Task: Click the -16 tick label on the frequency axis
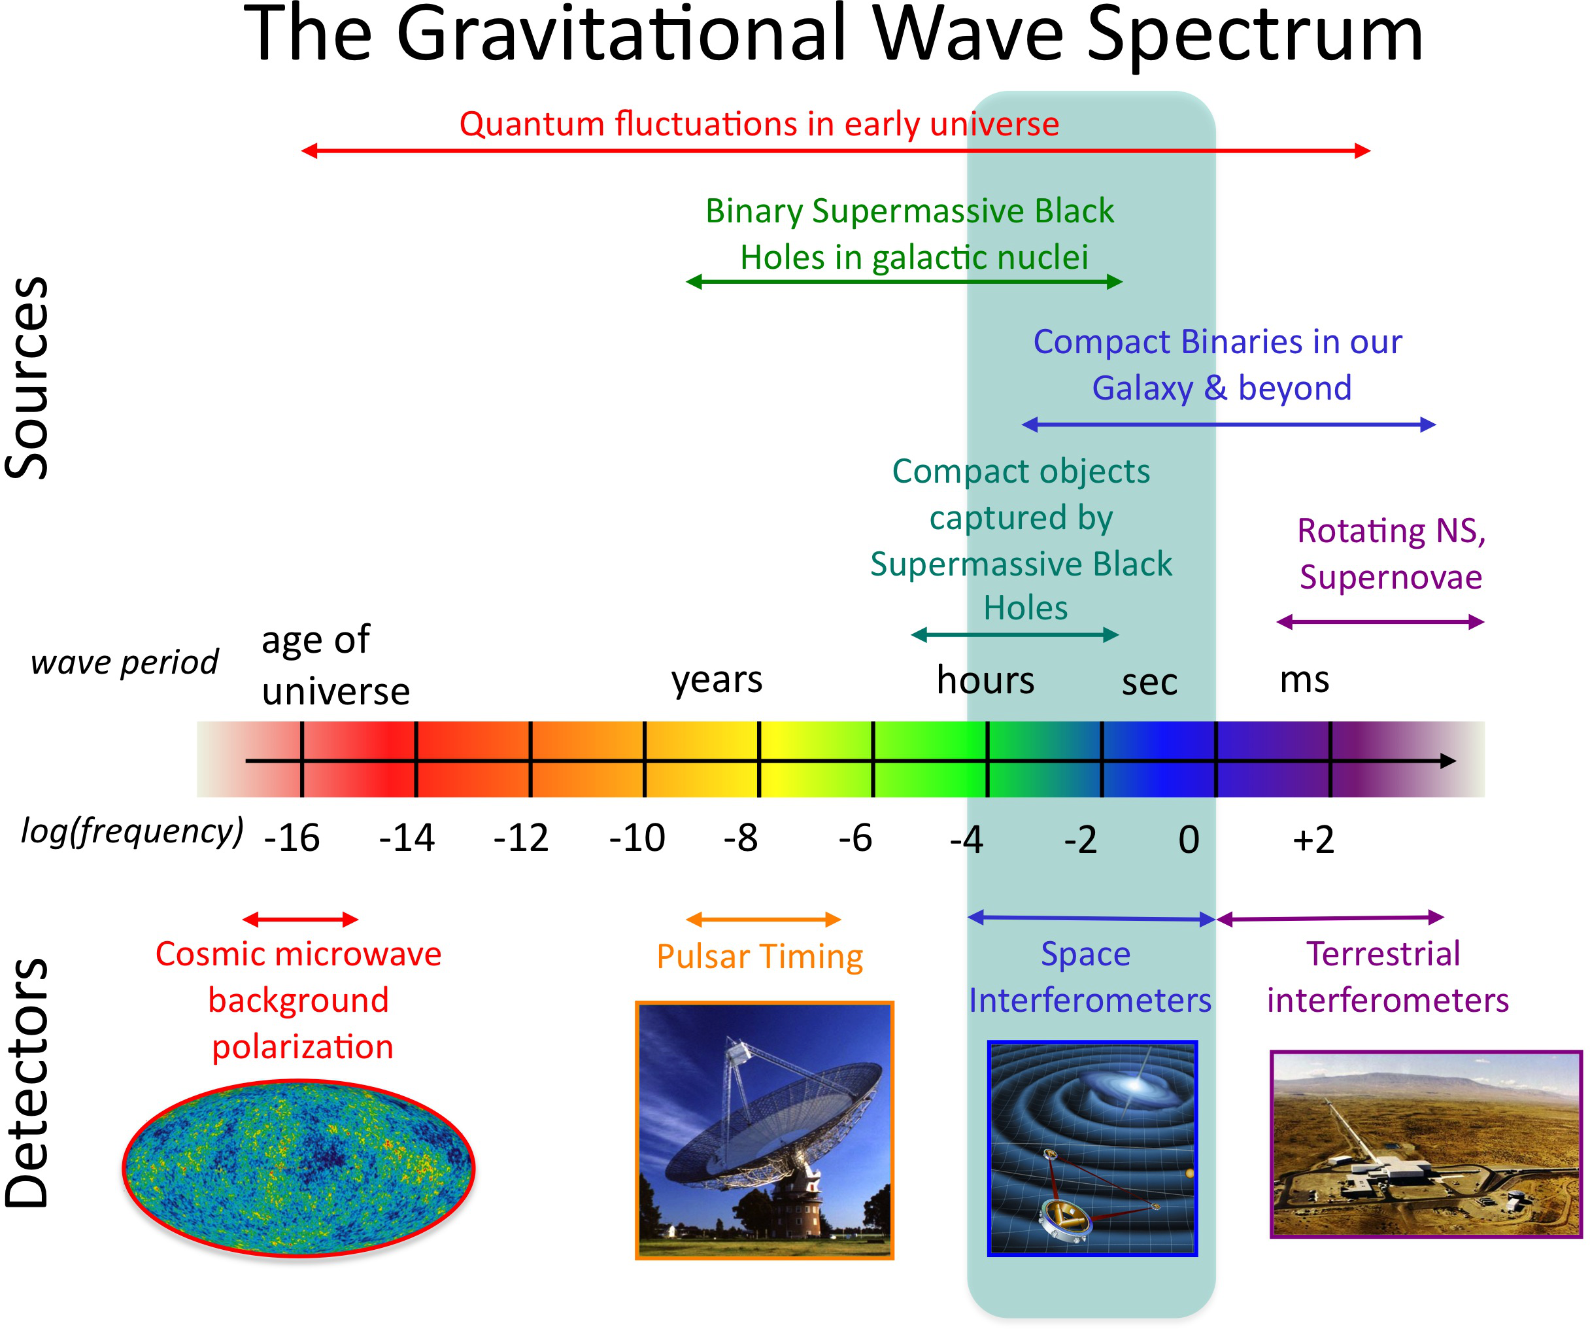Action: [x=292, y=838]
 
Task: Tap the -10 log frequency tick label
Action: [x=637, y=838]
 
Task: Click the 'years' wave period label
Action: [x=717, y=680]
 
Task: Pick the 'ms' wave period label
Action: [x=1304, y=680]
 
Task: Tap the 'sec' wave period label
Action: [x=1149, y=682]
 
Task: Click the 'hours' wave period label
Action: [x=985, y=680]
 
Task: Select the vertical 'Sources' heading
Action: [x=27, y=379]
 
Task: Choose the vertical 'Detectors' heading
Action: [x=27, y=1083]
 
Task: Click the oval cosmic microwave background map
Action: [x=299, y=1170]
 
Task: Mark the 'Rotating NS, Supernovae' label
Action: [x=1390, y=553]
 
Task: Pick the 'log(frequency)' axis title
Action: [x=133, y=831]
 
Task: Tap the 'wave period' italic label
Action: [x=125, y=663]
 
